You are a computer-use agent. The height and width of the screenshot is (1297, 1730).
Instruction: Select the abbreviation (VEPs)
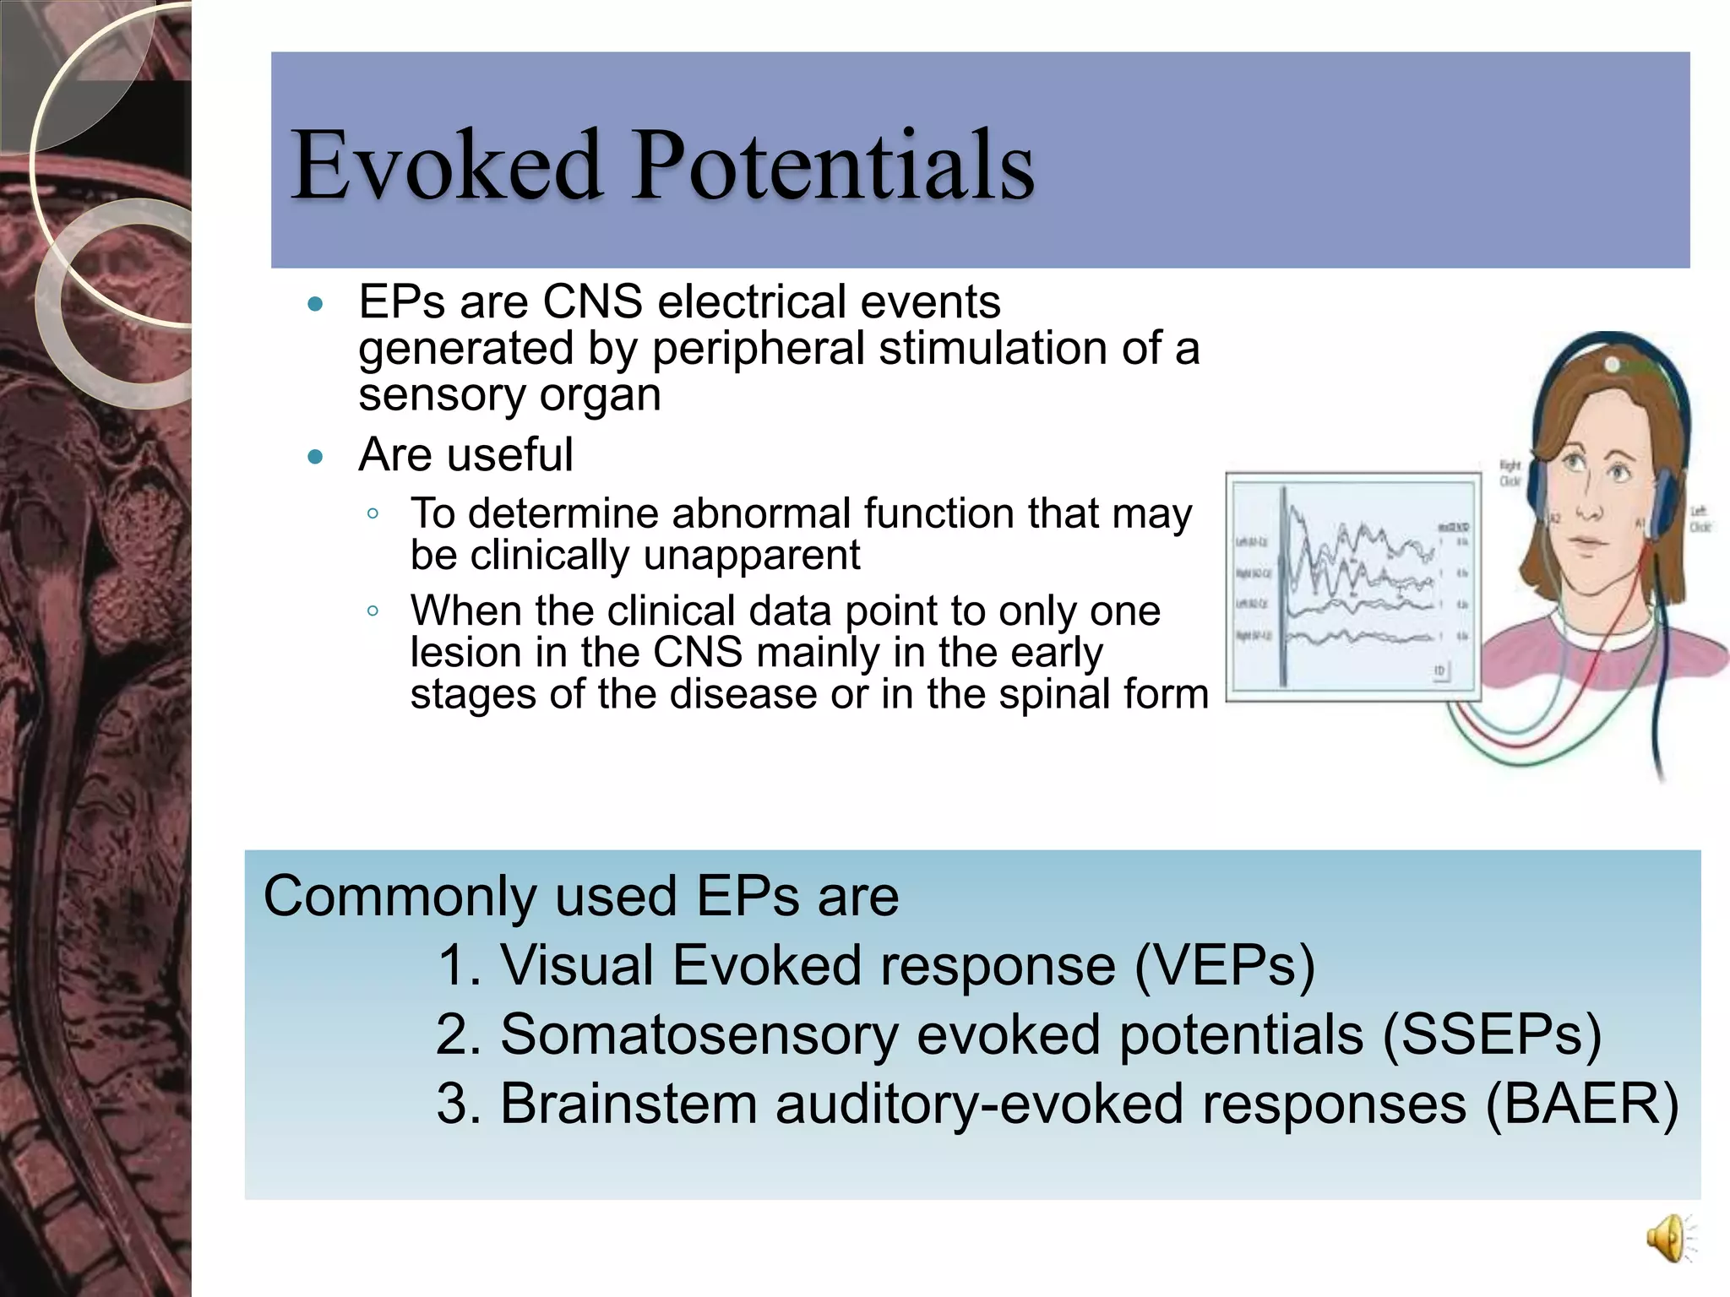(1224, 964)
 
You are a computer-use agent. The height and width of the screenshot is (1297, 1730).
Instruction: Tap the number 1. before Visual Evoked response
(460, 964)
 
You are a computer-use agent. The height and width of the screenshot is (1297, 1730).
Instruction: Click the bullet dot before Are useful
(316, 458)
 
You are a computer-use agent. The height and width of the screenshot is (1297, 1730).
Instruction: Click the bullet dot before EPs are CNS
(316, 304)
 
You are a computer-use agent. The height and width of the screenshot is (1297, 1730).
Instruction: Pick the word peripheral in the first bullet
(758, 348)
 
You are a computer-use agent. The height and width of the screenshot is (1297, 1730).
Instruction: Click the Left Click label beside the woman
(1700, 518)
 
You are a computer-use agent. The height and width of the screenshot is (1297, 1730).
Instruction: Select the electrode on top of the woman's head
(1612, 365)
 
